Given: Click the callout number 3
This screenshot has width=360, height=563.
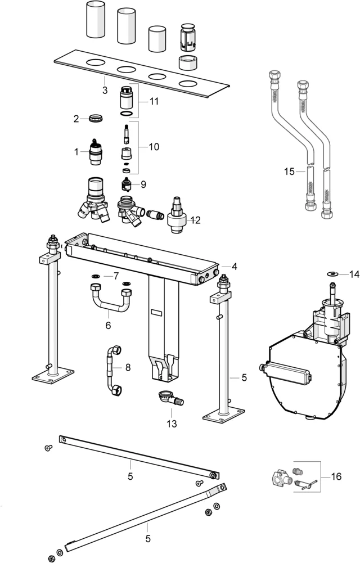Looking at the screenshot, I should coord(105,91).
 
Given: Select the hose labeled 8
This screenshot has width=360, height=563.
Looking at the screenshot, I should coord(111,370).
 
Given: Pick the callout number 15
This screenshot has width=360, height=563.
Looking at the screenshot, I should coord(289,172).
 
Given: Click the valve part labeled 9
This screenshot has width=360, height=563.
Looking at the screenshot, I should coord(128,185).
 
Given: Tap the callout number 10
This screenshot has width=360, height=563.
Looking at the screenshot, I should coord(154,147).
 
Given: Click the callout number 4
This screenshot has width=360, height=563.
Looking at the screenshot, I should coord(234,266).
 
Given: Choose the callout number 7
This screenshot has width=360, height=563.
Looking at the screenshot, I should coord(116,276).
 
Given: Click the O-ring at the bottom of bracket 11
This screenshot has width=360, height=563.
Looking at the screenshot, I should coord(128,114).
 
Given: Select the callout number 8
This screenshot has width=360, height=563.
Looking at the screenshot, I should coord(128,368).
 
